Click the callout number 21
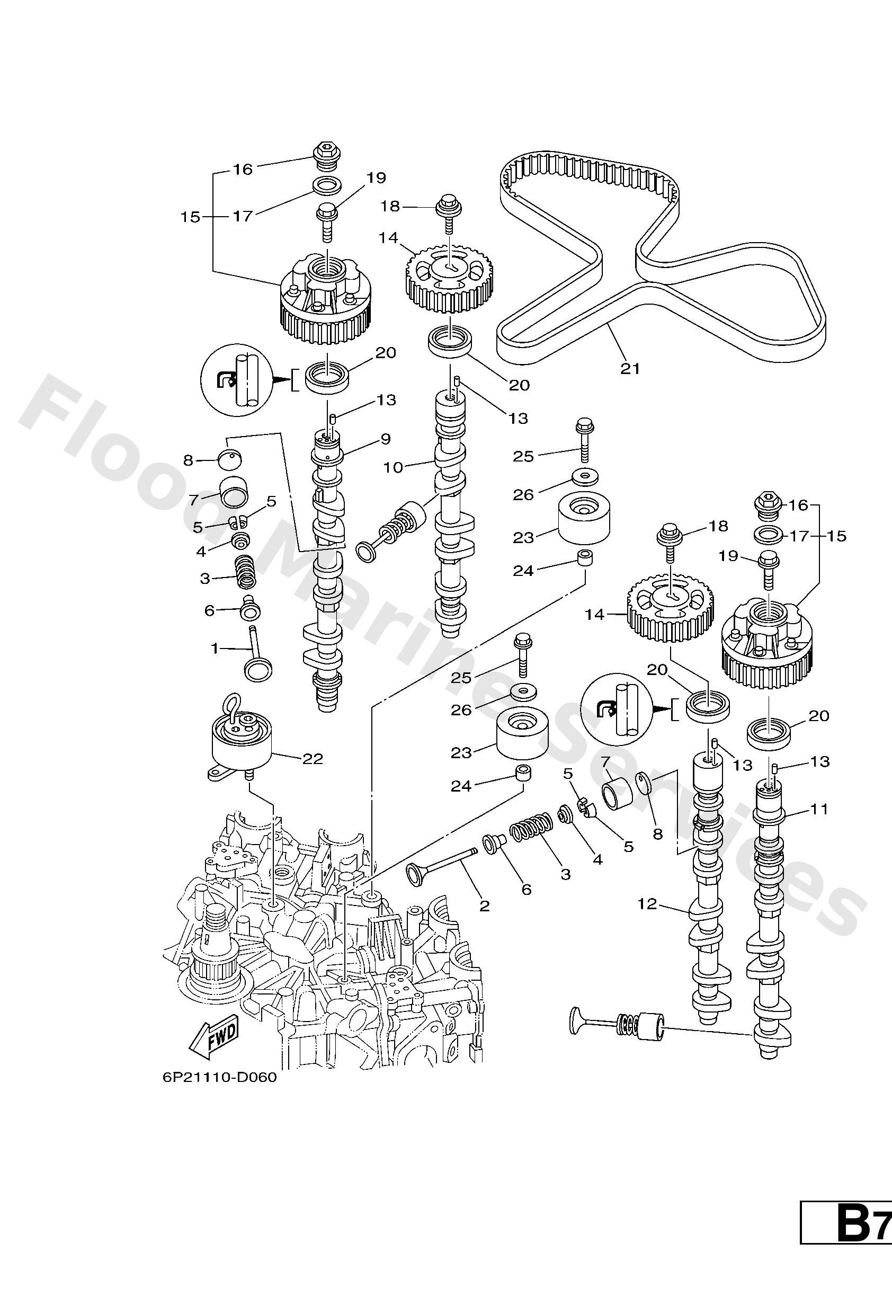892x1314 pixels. (x=630, y=369)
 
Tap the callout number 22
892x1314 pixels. (x=313, y=759)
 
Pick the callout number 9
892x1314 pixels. (x=386, y=438)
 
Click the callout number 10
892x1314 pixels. (x=393, y=468)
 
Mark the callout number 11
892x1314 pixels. (x=819, y=810)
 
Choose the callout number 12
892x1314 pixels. (x=647, y=904)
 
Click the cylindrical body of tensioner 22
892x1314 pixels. (x=242, y=745)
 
